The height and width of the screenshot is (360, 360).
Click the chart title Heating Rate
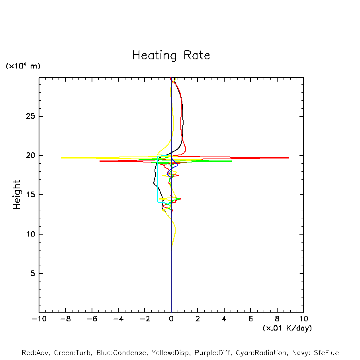[x=171, y=55]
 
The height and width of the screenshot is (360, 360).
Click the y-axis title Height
[x=17, y=195]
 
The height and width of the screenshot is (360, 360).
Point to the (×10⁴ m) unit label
[x=23, y=66]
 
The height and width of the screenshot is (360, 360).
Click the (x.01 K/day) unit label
[x=287, y=328]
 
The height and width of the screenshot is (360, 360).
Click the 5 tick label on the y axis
[x=33, y=274]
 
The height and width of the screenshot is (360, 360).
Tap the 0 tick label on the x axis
[x=171, y=319]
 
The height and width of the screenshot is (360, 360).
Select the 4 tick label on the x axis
[x=224, y=319]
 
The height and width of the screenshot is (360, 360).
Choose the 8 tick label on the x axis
[x=277, y=319]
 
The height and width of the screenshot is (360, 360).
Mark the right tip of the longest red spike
[x=289, y=158]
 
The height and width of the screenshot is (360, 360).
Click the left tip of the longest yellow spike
[x=61, y=158]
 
